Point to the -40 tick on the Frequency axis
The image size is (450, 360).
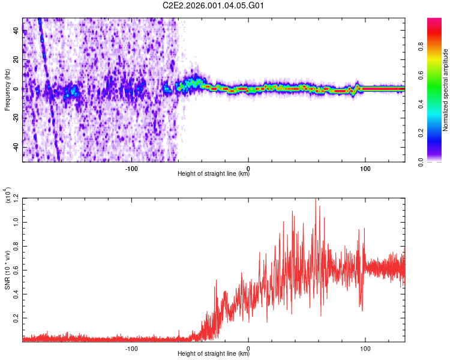point(14,147)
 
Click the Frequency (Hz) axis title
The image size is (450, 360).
point(7,89)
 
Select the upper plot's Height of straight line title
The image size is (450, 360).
point(214,174)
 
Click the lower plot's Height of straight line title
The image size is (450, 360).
point(214,354)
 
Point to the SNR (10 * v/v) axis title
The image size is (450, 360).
point(7,269)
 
